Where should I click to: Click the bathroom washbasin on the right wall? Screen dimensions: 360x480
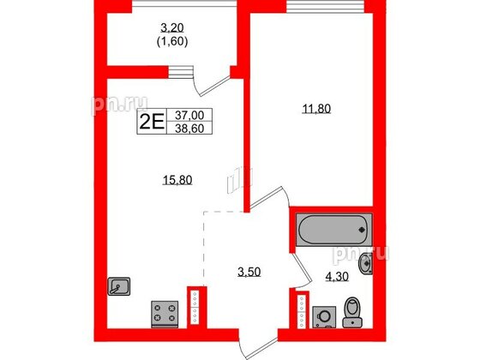pyautogui.click(x=368, y=264)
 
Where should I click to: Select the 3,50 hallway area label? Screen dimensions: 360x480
pyautogui.click(x=249, y=273)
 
